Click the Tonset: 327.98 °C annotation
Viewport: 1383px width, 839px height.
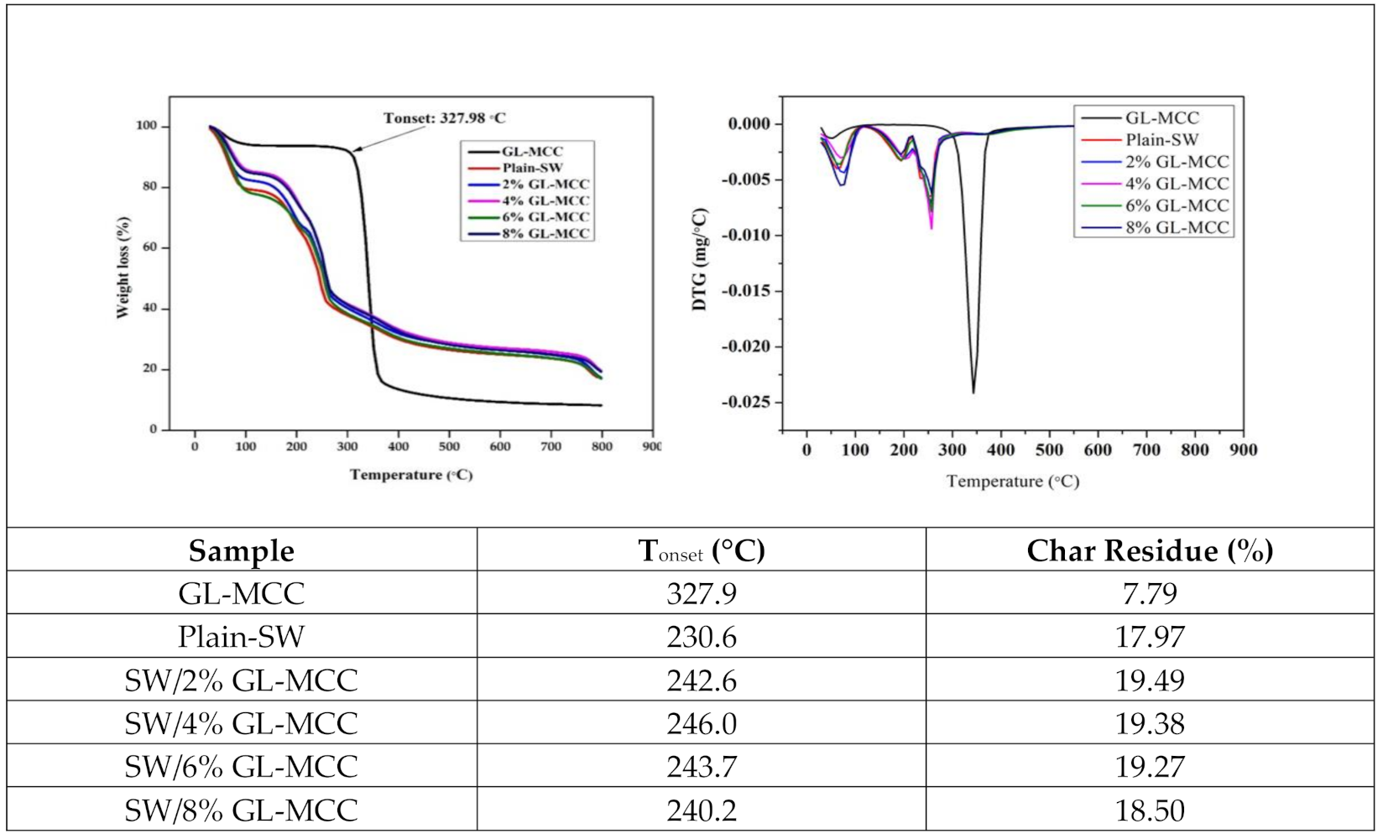point(444,118)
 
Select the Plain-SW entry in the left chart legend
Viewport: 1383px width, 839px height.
point(532,168)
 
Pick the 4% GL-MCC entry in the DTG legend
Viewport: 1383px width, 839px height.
point(1177,184)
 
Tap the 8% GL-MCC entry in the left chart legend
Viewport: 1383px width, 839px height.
point(545,233)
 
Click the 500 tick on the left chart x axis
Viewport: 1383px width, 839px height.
point(449,446)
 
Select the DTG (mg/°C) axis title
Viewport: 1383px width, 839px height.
point(700,259)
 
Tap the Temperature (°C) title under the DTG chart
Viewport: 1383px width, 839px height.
point(1013,482)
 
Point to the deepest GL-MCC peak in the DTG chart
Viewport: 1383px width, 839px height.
point(973,392)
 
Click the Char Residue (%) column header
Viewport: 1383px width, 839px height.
point(1150,550)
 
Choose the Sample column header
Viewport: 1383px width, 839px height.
point(242,550)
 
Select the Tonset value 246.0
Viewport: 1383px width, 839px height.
point(702,723)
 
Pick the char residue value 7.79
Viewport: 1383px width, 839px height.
point(1150,594)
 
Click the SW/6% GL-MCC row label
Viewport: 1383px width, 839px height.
point(242,766)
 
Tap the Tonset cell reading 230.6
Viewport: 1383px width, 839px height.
point(702,637)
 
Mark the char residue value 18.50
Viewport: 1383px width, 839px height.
point(1150,810)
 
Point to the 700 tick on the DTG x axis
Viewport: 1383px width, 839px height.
point(1146,450)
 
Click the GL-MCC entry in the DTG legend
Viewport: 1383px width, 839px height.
point(1162,118)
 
